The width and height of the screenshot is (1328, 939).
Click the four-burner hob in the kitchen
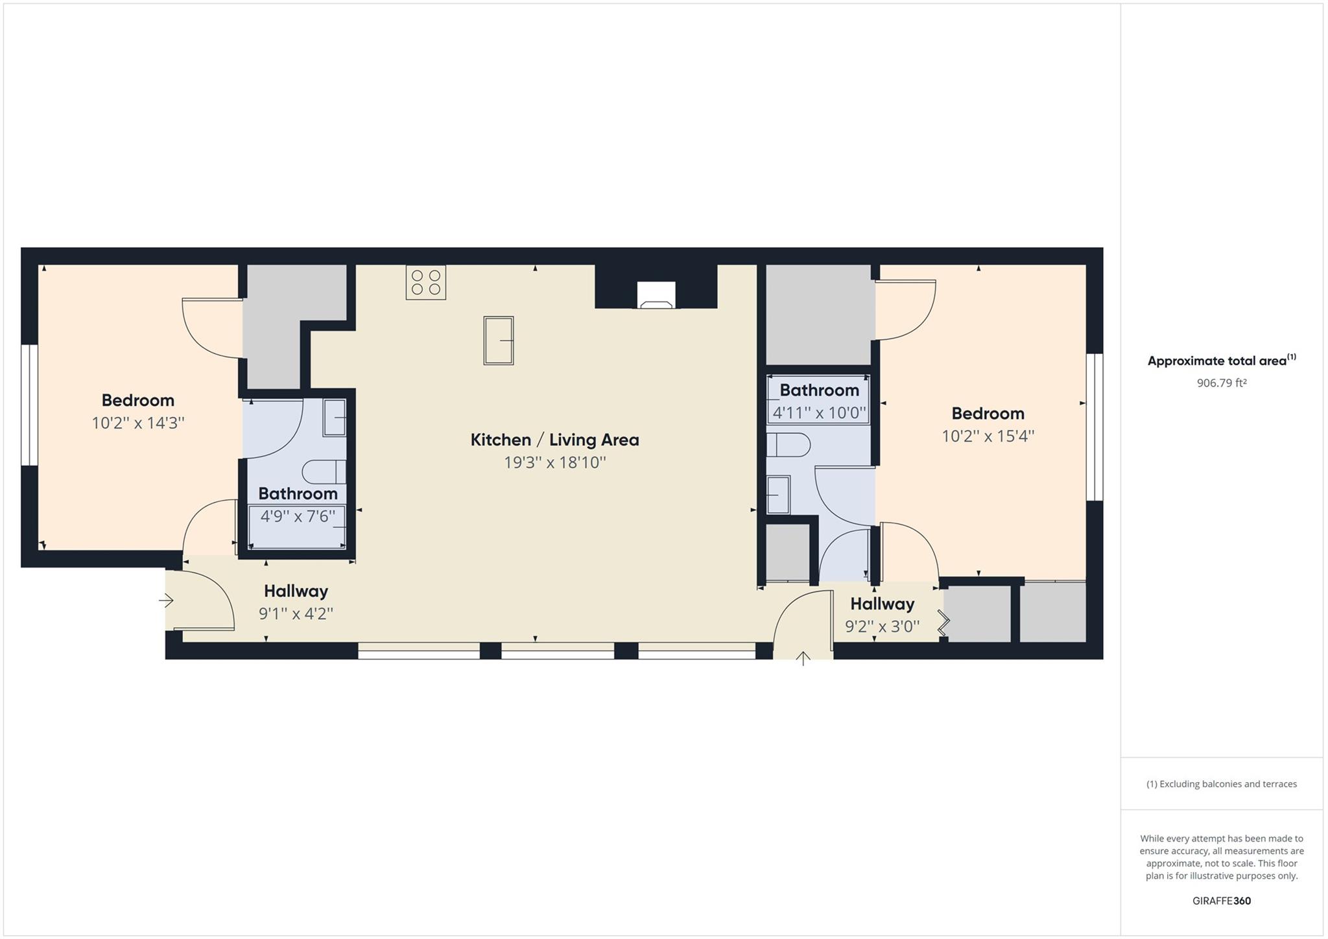click(426, 282)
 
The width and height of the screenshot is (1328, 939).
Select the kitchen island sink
click(499, 340)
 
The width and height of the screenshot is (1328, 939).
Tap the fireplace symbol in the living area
click(656, 295)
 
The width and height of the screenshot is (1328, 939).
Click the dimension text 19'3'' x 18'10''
click(555, 462)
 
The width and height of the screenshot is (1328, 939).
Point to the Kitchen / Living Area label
click(554, 440)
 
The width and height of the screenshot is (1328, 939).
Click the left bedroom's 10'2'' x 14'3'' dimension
click(138, 423)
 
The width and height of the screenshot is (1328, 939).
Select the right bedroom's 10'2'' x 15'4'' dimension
click(988, 436)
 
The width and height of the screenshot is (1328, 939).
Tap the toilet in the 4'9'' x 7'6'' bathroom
click(324, 471)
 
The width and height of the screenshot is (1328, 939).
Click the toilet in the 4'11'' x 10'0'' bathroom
click(788, 445)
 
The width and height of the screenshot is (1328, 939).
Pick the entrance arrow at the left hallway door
click(166, 601)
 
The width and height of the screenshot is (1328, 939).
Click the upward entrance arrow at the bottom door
click(803, 659)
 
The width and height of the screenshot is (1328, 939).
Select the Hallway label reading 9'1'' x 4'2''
click(296, 591)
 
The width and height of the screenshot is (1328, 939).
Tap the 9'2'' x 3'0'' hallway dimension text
click(882, 626)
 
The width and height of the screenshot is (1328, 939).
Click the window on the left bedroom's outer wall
click(29, 405)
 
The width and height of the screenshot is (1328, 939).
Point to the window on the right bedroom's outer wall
click(1095, 427)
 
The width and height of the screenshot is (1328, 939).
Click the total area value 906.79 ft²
click(1222, 383)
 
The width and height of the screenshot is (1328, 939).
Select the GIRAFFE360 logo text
click(1222, 901)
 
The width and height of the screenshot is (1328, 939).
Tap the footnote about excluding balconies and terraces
click(1222, 784)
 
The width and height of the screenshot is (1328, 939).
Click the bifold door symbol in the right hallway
click(943, 623)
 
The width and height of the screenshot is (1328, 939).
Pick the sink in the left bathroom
click(335, 418)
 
